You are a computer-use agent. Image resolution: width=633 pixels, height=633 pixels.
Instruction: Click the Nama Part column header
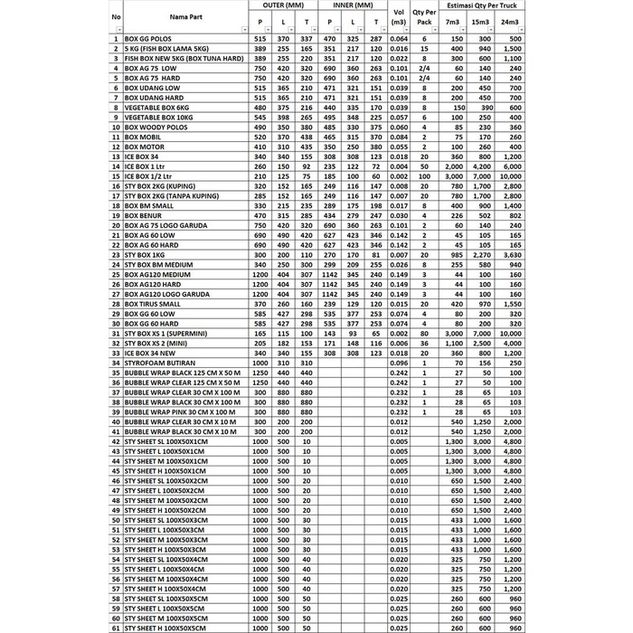(184, 16)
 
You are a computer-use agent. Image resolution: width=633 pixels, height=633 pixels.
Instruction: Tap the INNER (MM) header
(353, 5)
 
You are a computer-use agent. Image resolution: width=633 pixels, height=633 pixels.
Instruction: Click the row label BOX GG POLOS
(150, 40)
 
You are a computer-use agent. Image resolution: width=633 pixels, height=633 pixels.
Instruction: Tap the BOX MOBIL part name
(144, 137)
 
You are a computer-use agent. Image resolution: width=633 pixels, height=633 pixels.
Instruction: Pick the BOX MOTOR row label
(145, 147)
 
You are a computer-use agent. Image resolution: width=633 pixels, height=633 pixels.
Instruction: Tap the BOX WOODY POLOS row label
(156, 128)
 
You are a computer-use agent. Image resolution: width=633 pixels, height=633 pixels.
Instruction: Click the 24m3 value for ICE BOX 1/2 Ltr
(512, 176)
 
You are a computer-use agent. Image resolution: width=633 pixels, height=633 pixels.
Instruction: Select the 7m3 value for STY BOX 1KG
(455, 255)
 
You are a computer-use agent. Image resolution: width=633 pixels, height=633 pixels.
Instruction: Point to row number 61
(116, 627)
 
